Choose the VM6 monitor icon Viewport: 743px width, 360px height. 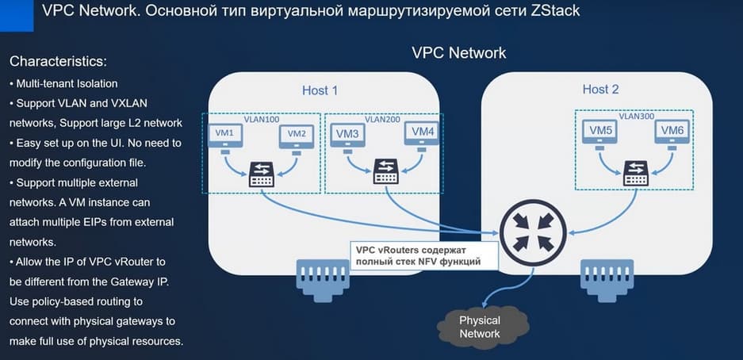click(x=671, y=132)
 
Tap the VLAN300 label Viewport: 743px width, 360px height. click(x=636, y=116)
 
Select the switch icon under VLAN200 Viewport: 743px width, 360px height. click(x=387, y=172)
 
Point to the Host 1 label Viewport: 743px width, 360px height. click(x=320, y=90)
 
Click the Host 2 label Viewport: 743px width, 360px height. click(x=600, y=90)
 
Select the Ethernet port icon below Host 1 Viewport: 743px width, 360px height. click(x=321, y=276)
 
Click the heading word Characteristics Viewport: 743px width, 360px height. click(x=58, y=61)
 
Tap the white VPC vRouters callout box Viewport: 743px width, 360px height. click(x=425, y=255)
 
